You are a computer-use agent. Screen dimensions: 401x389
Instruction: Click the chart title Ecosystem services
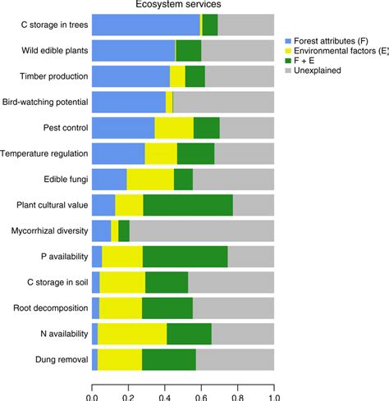tap(182, 5)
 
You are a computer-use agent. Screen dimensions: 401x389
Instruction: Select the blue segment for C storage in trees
tap(145, 25)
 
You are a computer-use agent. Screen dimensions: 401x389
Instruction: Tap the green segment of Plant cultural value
tap(188, 205)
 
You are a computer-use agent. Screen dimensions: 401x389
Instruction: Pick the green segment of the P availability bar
tap(185, 257)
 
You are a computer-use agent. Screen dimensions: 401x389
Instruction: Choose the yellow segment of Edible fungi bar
tap(150, 180)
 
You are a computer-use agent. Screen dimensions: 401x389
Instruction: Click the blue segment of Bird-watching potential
tap(128, 103)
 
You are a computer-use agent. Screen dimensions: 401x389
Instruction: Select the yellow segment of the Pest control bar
tap(174, 128)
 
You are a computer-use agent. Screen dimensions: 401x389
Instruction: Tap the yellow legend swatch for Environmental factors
tap(288, 50)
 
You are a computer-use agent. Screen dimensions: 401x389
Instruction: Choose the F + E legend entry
tap(311, 60)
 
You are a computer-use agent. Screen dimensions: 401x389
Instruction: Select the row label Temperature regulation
tap(43, 153)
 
